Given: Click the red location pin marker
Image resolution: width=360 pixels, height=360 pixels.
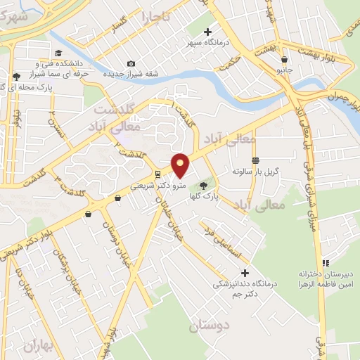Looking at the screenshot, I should click(x=181, y=165).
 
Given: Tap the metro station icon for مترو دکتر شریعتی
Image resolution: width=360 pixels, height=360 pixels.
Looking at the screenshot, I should click(x=158, y=174).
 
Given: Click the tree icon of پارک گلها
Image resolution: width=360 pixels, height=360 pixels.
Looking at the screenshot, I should click(x=203, y=185).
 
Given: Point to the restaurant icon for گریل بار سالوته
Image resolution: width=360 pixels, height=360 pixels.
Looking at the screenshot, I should click(x=255, y=161).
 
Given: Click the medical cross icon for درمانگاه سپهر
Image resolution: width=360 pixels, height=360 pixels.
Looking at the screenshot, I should click(x=207, y=32).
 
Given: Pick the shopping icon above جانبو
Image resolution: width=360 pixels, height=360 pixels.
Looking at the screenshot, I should click(x=284, y=60).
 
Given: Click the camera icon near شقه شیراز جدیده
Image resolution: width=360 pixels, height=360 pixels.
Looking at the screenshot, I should click(x=131, y=64).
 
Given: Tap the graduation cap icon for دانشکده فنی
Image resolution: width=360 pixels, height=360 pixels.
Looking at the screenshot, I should click(x=59, y=53).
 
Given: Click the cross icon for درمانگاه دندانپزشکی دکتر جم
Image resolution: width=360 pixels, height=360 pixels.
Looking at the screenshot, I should click(x=245, y=273).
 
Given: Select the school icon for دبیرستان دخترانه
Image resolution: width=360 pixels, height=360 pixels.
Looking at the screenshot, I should click(x=323, y=262).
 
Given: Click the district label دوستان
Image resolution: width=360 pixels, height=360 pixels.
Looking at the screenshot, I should click(x=210, y=326).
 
